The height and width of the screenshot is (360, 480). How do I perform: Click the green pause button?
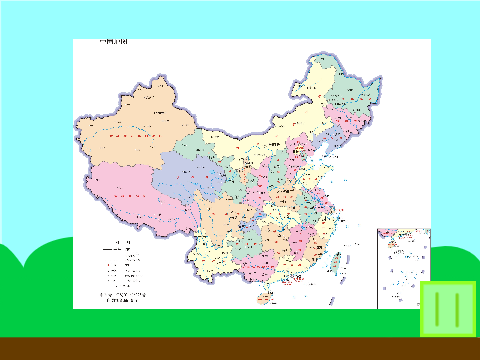(447, 308)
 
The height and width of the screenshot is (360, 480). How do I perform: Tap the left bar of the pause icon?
(439, 308)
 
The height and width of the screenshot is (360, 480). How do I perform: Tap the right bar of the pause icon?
(456, 308)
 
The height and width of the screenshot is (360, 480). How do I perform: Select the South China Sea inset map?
(403, 267)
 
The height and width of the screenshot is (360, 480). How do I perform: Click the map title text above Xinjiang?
(113, 42)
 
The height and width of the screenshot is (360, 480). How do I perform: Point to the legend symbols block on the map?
(119, 266)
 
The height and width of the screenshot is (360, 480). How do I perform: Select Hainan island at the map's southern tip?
(265, 297)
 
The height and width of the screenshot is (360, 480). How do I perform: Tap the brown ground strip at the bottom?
(240, 349)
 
